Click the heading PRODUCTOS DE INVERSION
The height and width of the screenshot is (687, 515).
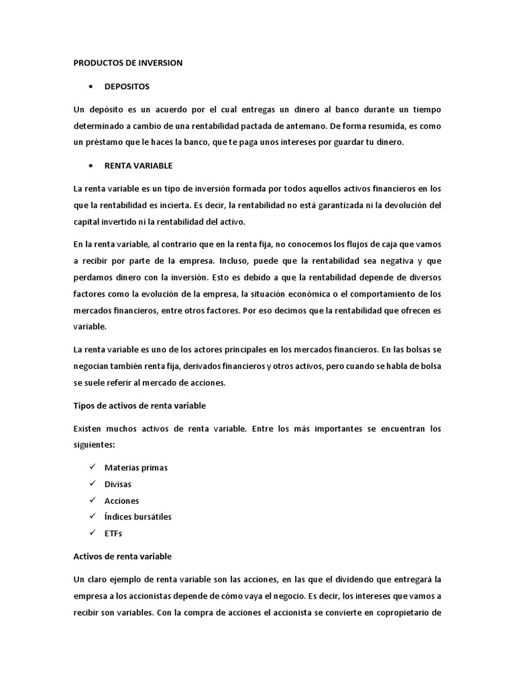point(127,62)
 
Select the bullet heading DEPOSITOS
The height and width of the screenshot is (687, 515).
point(127,87)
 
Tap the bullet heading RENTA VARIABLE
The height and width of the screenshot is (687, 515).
point(139,165)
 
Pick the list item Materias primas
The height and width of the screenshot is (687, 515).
point(136,468)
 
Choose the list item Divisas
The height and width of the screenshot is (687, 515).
point(118,484)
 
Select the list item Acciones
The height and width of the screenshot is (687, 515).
point(121,500)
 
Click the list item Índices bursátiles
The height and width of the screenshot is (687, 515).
point(138,517)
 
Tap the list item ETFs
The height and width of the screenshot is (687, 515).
point(113,533)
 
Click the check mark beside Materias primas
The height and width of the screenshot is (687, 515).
point(91,467)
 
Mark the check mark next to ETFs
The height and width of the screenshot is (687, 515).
point(91,533)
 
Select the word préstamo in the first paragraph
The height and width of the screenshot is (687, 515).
point(104,142)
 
